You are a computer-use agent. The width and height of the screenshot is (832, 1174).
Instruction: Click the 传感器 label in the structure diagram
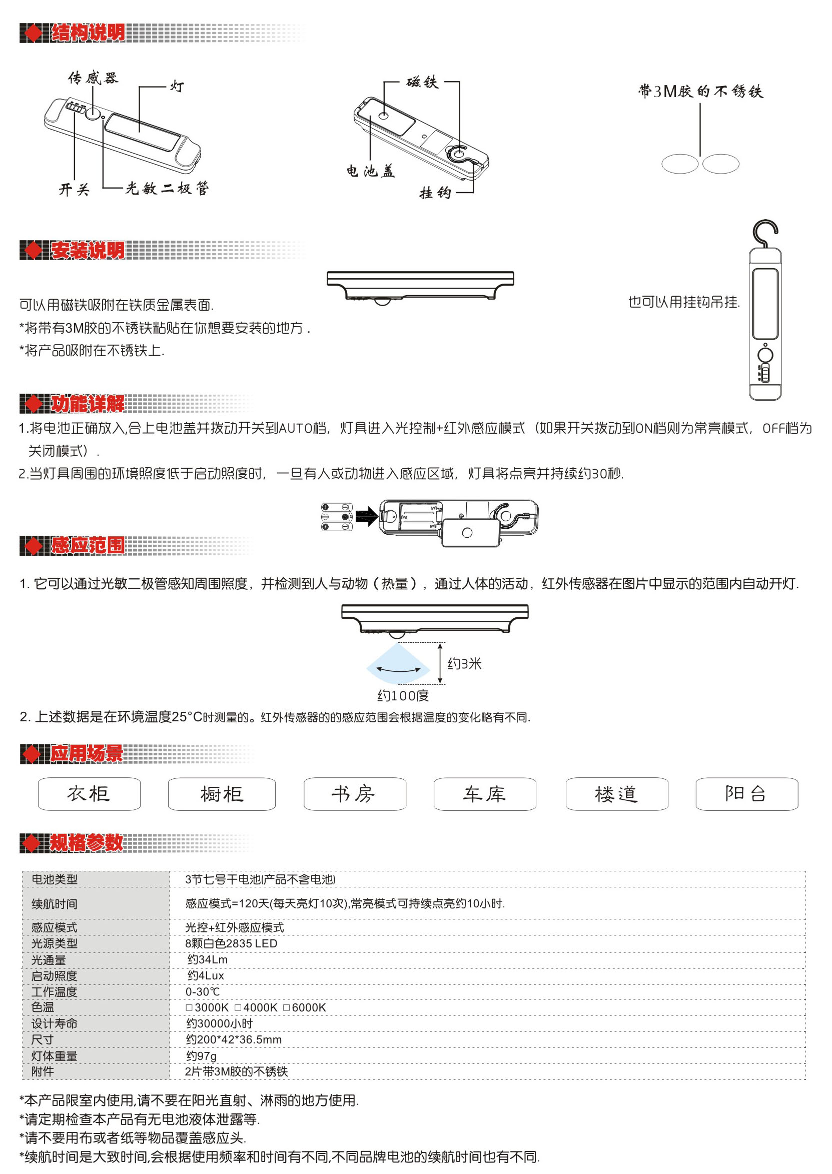[x=93, y=78]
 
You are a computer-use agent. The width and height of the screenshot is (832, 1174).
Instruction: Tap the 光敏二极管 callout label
[x=167, y=189]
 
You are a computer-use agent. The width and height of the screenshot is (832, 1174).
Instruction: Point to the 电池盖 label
[x=370, y=171]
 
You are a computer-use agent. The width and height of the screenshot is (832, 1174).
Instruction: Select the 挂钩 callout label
[x=435, y=193]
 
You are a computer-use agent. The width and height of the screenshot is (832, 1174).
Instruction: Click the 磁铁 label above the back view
[x=423, y=82]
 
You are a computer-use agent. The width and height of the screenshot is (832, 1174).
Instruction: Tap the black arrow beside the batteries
[x=366, y=516]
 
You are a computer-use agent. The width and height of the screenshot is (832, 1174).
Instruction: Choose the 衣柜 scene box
[x=89, y=793]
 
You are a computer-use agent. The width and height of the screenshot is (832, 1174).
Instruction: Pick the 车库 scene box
[x=485, y=793]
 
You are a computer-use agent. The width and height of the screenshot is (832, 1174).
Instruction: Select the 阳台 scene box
[x=746, y=793]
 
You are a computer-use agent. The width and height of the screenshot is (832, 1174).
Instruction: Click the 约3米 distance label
[x=465, y=664]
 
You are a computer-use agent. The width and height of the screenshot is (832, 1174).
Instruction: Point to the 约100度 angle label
[x=403, y=696]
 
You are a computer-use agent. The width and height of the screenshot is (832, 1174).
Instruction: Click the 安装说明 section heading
[x=88, y=251]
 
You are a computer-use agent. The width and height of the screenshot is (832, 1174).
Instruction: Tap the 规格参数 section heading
[x=87, y=842]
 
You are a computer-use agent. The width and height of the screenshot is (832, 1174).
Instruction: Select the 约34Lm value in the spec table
[x=208, y=959]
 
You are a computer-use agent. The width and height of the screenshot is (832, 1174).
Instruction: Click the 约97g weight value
[x=201, y=1055]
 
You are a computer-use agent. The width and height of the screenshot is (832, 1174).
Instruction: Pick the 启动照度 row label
[x=55, y=976]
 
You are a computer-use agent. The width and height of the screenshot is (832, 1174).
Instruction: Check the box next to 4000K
[x=238, y=1007]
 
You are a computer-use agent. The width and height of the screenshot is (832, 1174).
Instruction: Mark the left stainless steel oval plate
[x=680, y=164]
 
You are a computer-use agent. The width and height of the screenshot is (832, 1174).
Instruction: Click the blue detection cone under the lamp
[x=398, y=664]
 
